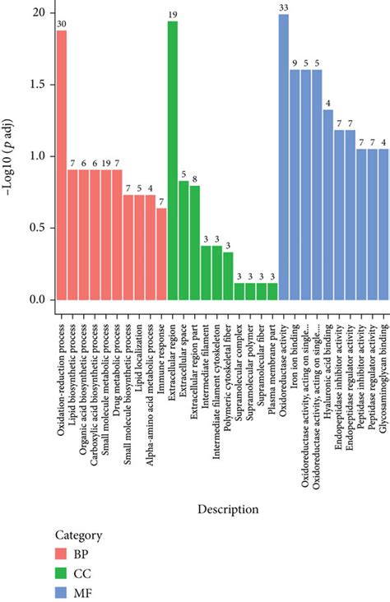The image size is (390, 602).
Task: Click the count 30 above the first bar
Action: point(61,25)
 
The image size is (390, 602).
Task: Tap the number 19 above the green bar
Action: point(173,16)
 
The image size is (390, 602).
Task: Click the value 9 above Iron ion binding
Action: point(295,64)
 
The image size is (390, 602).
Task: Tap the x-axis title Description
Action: point(228,510)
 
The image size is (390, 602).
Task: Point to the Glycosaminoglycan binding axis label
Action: point(384,362)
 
